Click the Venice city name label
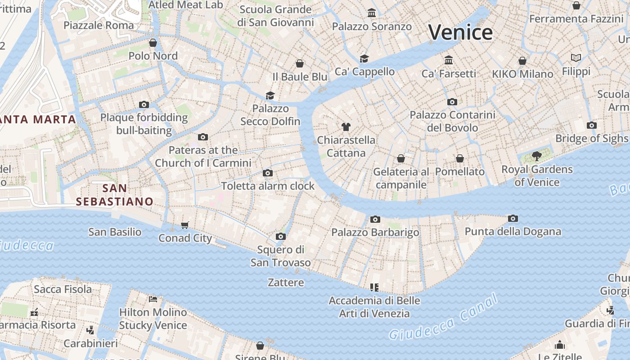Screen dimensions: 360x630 (x=460, y=32)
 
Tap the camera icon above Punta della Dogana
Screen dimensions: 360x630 (x=513, y=219)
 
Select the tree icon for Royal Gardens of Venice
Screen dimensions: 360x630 (x=536, y=156)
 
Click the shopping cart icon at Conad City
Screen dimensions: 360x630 (x=185, y=225)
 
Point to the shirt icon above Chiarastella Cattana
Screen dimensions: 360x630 (x=346, y=127)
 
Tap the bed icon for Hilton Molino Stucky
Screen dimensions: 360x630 (x=153, y=299)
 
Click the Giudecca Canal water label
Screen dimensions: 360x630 (x=443, y=317)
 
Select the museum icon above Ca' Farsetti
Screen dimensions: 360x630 (x=449, y=60)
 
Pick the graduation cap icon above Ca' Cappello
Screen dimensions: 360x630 (x=364, y=58)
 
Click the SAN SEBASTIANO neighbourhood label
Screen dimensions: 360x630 (x=114, y=194)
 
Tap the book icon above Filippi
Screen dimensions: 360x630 (x=576, y=58)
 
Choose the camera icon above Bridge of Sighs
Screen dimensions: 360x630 (x=592, y=125)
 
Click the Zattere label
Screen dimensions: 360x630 (x=286, y=283)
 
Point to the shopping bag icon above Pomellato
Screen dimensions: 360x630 (x=460, y=158)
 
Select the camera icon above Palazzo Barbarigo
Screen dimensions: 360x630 (x=375, y=219)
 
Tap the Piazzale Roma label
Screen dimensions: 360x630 (x=99, y=25)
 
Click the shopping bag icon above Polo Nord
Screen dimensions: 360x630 (x=153, y=43)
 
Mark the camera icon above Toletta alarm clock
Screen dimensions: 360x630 (x=268, y=173)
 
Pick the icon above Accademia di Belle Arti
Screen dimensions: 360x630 (x=374, y=287)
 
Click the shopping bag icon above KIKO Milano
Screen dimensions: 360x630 (x=522, y=61)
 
